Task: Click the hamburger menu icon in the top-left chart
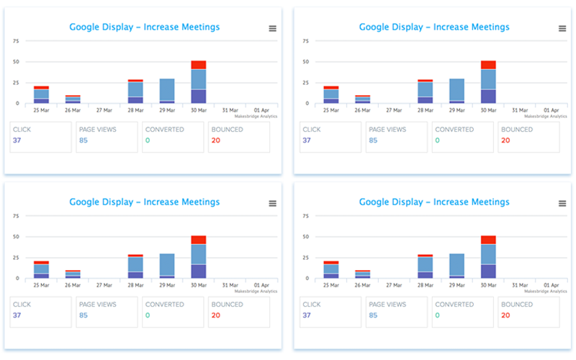273,28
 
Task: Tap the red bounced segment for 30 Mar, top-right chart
489,65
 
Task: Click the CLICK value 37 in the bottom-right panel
307,315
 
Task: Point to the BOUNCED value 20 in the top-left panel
215,140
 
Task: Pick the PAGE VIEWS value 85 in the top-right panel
373,140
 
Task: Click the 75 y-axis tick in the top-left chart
16,41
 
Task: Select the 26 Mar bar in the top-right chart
363,99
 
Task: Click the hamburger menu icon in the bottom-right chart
562,203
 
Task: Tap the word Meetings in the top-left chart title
196,27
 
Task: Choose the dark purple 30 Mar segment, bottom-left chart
199,271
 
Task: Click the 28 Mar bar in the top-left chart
135,91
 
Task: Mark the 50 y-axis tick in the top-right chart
306,62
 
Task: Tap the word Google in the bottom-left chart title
87,202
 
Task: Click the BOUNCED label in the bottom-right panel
517,305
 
